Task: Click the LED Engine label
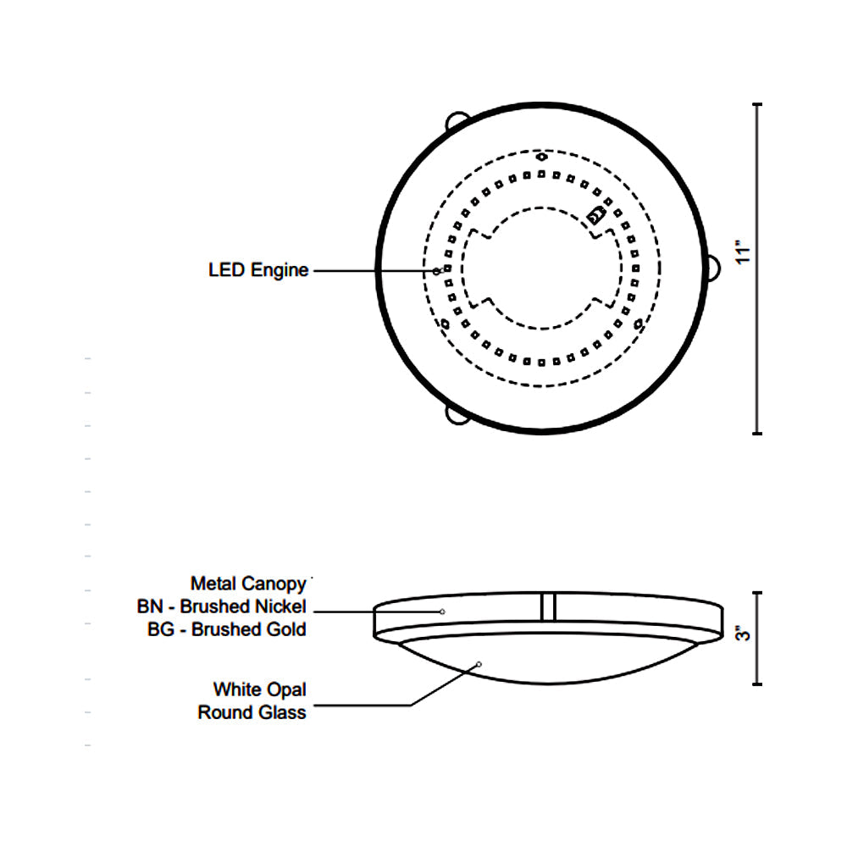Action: (x=258, y=270)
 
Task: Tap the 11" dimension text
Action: (x=744, y=253)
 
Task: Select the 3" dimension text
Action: (x=744, y=634)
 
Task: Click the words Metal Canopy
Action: (x=247, y=584)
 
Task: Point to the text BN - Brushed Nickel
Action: (x=221, y=606)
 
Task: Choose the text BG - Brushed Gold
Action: (x=226, y=629)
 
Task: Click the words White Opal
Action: (x=259, y=689)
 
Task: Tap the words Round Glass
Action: (x=252, y=712)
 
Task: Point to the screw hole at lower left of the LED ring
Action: (x=445, y=324)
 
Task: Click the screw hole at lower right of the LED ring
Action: (x=639, y=324)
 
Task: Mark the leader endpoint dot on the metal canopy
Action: (x=442, y=612)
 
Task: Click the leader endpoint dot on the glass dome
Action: (x=479, y=664)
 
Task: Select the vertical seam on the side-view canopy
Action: (x=548, y=606)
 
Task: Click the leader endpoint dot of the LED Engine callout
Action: (x=437, y=271)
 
